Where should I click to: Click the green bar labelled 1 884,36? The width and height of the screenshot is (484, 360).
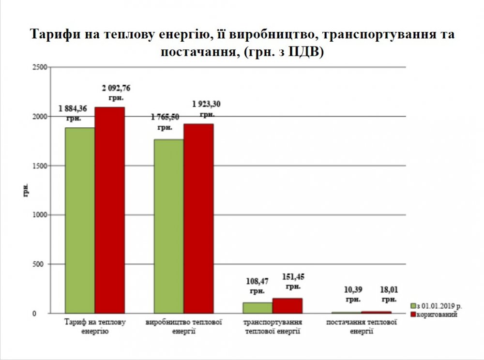coord(80,221)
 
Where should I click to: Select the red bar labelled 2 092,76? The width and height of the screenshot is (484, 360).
coord(109,210)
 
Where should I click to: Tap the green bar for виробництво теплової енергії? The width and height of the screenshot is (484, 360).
coord(169,226)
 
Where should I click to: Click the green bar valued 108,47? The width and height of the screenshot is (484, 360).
coord(257,308)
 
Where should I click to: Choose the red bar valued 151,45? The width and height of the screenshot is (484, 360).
coord(287,306)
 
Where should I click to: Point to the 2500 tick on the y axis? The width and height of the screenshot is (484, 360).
coord(39,67)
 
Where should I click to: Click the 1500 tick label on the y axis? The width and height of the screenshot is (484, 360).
coord(39,166)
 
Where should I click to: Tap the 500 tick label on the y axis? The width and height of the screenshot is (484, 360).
coord(41,264)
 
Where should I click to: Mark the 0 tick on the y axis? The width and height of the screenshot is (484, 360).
coord(45,314)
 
